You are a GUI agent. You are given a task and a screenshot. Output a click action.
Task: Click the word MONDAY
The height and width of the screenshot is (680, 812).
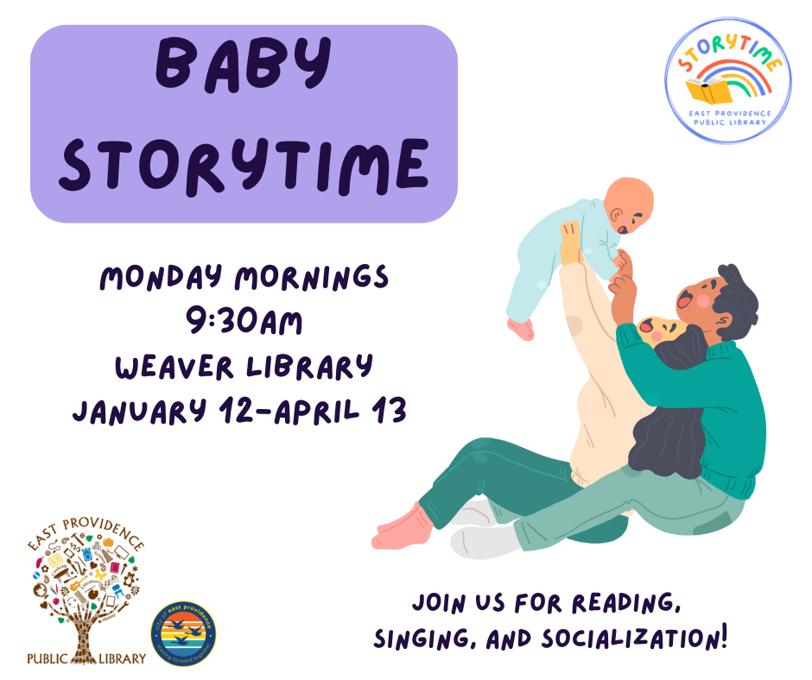pos(159,278)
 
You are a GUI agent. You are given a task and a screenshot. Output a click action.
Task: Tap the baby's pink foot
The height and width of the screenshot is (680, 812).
pos(521,329)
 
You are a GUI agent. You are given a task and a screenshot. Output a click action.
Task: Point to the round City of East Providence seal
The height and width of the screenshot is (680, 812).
pos(183,637)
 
